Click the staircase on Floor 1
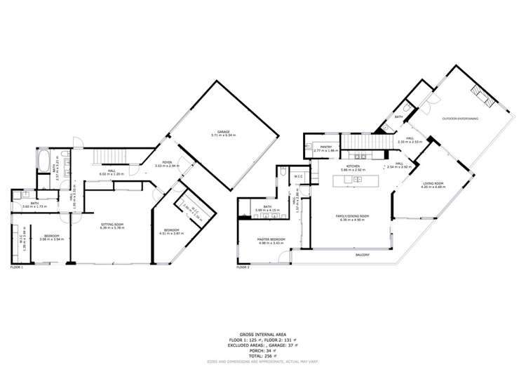[108, 157]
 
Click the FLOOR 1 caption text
[17, 267]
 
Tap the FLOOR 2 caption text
[243, 267]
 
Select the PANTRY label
[326, 147]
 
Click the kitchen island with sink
[356, 180]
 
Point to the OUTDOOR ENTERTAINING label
[460, 118]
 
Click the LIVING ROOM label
[433, 183]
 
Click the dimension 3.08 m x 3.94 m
[53, 239]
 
